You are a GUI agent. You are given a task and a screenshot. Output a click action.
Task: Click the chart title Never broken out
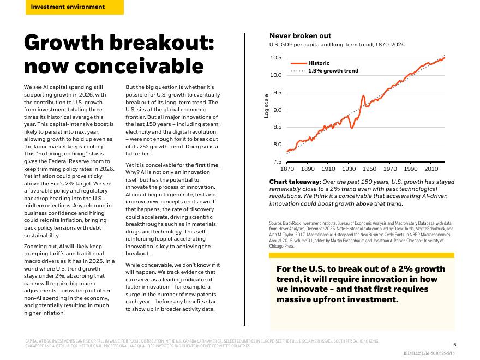point(300,36)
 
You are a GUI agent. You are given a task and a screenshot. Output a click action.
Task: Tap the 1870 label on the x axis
point(287,170)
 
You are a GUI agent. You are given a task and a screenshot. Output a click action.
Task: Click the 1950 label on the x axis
point(369,170)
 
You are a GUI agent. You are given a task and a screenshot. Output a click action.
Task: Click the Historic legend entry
point(319,63)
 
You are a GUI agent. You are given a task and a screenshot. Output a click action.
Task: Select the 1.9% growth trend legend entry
point(333,71)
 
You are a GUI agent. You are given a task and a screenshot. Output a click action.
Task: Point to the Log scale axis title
point(267,106)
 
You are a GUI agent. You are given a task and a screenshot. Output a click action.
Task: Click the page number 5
point(455,344)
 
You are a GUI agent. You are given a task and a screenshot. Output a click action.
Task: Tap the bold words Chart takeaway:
point(295,182)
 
